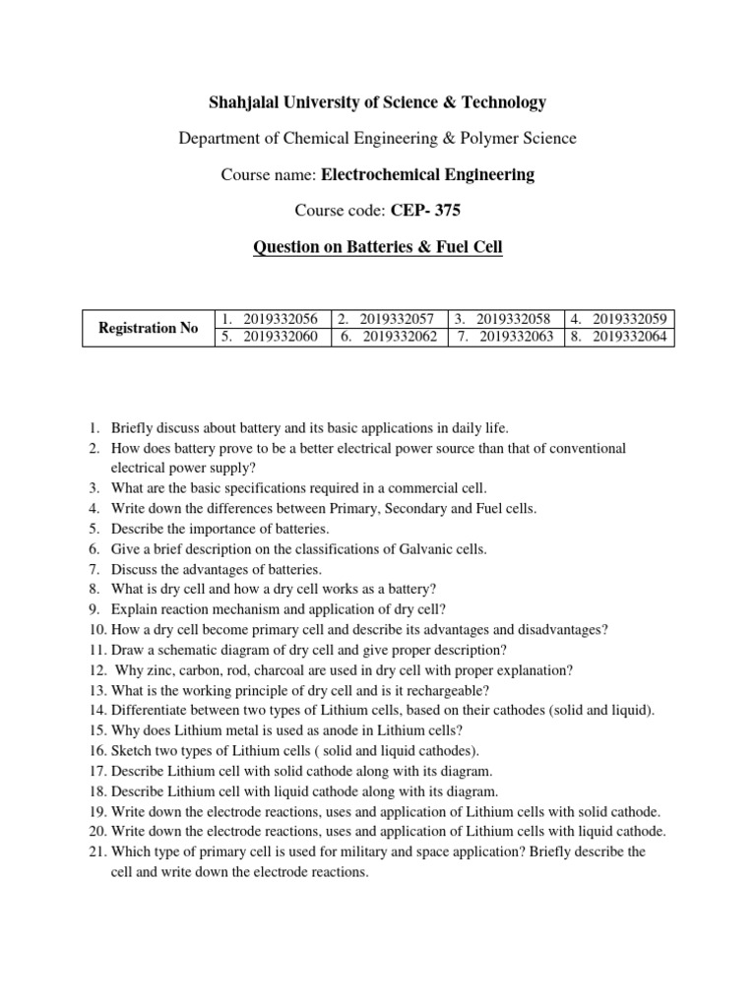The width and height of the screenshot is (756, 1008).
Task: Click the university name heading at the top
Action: pos(377,102)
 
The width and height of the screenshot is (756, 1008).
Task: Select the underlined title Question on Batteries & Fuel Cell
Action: pos(377,247)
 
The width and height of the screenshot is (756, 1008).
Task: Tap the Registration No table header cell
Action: pos(148,328)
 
